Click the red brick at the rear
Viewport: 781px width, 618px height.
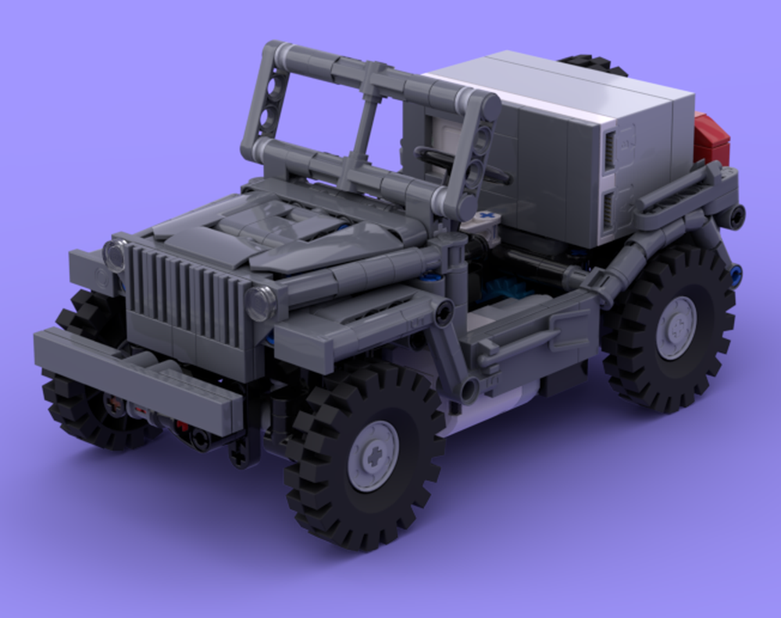click(x=711, y=140)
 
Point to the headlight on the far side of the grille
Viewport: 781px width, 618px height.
click(x=115, y=254)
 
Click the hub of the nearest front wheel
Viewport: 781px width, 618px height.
click(x=373, y=456)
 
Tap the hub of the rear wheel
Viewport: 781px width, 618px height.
click(x=676, y=326)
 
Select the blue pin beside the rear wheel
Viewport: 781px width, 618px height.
click(x=735, y=273)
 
